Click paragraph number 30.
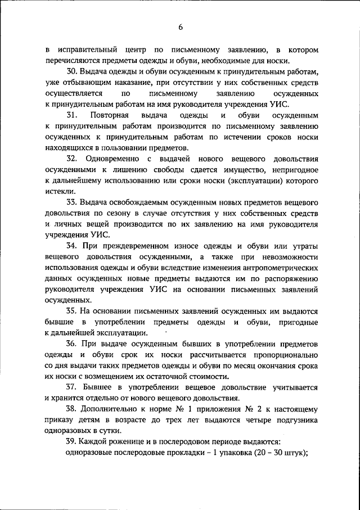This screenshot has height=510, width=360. coord(71,71)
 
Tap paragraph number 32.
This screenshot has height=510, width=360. coord(71,159)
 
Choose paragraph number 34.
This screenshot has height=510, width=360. coord(71,246)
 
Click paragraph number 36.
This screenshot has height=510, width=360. coord(71,344)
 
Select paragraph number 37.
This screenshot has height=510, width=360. coord(71,387)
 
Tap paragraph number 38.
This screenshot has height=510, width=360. coord(71,409)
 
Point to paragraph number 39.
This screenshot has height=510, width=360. coord(71,441)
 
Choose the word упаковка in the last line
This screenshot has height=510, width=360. coord(230,453)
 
